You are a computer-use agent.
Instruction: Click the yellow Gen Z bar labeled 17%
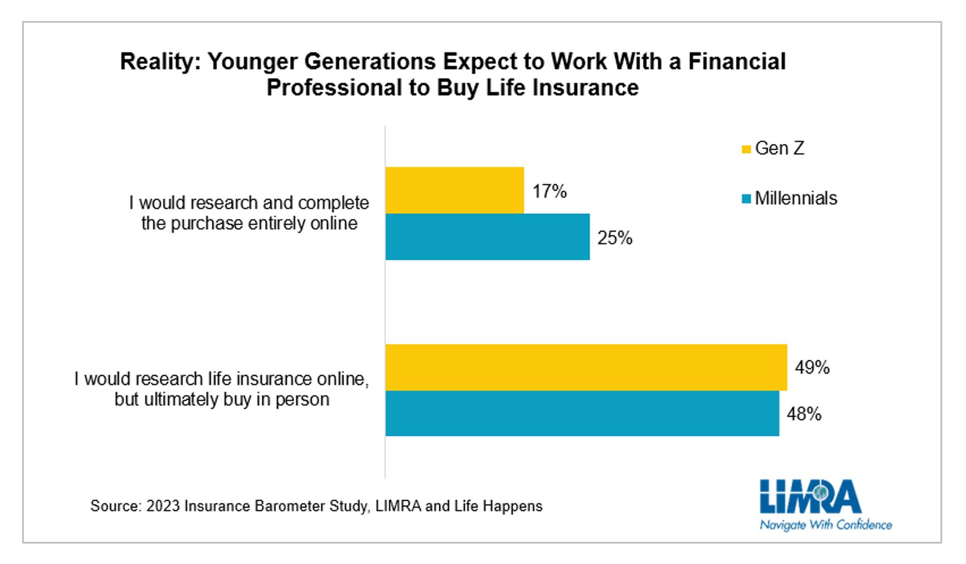coord(454,190)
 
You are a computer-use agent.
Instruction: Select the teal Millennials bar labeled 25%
coord(487,237)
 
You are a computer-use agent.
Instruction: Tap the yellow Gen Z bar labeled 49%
coord(586,367)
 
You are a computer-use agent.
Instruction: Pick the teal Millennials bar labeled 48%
coord(582,413)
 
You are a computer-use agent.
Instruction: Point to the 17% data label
coord(549,191)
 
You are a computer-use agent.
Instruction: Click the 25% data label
coord(614,238)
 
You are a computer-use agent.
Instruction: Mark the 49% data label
coord(812,367)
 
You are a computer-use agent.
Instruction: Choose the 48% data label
coord(804,414)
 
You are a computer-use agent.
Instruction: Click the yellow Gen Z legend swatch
coord(746,149)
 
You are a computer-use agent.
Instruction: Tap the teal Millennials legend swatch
coord(746,199)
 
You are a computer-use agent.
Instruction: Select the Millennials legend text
coord(796,198)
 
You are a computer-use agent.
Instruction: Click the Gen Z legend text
coord(779,148)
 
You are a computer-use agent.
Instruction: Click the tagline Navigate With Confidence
coord(825,525)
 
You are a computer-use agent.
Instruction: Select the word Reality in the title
coord(160,62)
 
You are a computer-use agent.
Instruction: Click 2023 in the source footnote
coord(163,506)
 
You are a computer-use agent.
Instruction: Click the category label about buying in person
coord(222,389)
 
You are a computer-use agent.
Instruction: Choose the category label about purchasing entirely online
coord(249,213)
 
